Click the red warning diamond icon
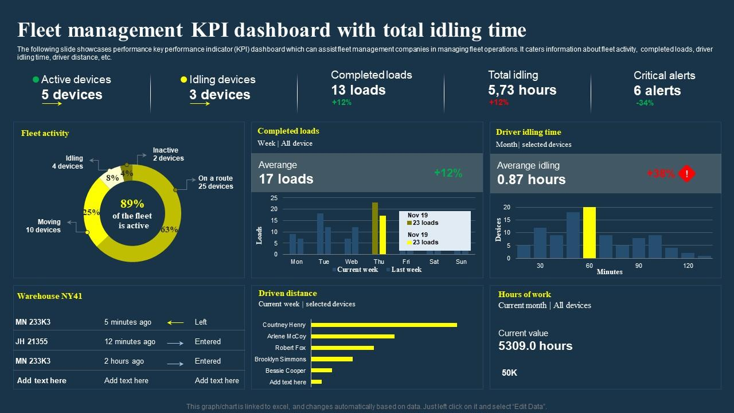point(686,174)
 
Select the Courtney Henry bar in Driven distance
point(384,325)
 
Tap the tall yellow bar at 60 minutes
point(589,232)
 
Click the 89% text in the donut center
point(132,204)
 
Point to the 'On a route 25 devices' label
point(216,182)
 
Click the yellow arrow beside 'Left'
point(175,322)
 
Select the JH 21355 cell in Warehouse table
point(32,341)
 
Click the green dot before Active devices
point(36,80)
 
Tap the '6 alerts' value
point(657,91)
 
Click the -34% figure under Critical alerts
point(645,103)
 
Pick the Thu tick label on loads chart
point(379,262)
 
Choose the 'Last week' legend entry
point(405,270)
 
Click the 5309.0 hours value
point(535,346)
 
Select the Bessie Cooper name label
point(286,371)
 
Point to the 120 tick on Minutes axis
point(688,266)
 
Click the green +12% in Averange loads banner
point(448,173)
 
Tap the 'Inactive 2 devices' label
point(168,154)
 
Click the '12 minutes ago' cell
point(130,341)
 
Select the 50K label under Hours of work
point(510,373)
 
